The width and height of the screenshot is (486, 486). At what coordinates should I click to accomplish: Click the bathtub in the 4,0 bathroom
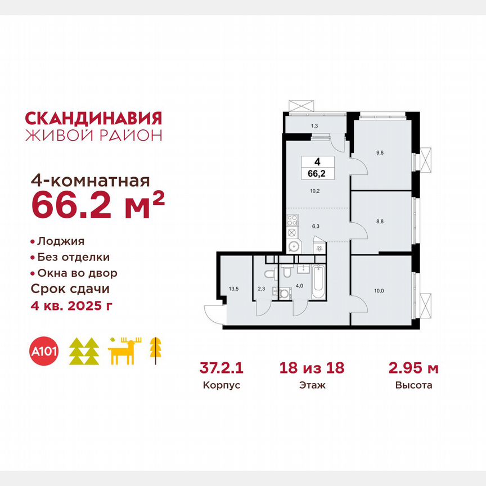(x=318, y=283)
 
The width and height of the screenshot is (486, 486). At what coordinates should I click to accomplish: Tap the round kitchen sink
(x=292, y=245)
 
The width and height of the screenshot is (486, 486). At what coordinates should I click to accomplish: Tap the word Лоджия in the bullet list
(x=61, y=241)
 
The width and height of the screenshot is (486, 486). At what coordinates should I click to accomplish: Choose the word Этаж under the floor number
(x=311, y=385)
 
